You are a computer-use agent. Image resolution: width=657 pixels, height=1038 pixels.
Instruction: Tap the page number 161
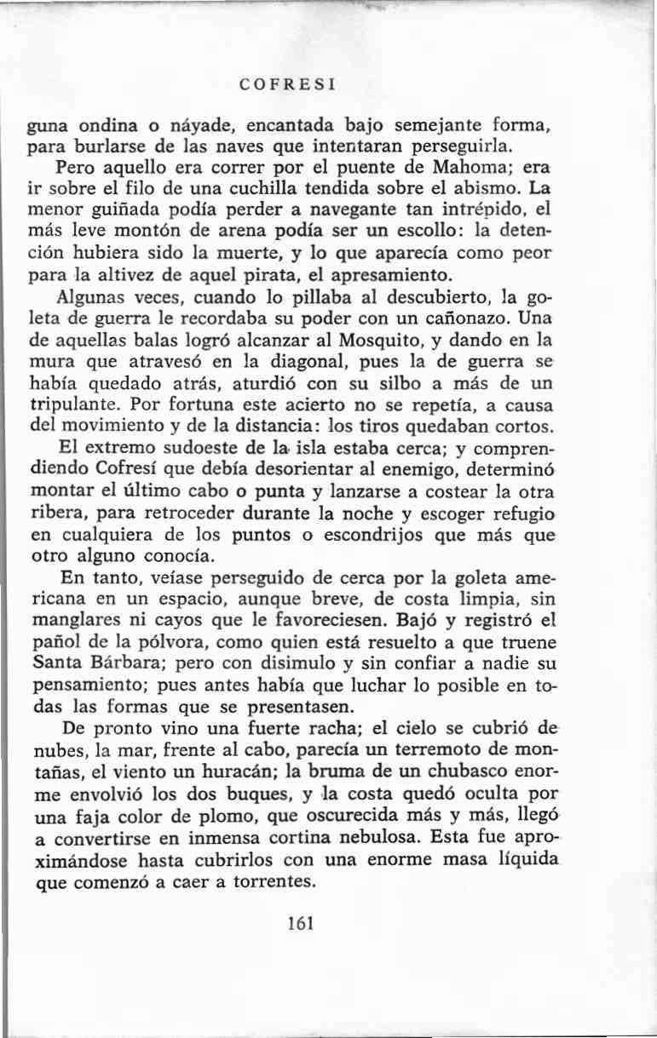[x=302, y=923]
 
